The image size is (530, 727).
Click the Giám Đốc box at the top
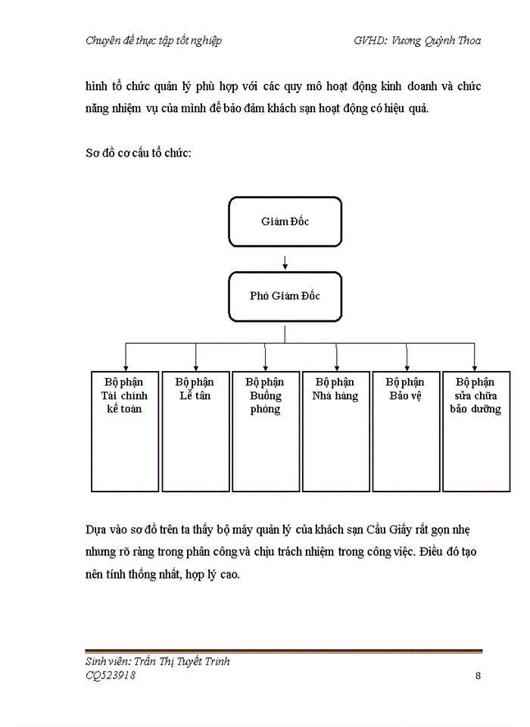point(285,222)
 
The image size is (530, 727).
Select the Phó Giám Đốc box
point(285,296)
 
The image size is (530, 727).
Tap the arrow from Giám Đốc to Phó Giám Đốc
point(285,262)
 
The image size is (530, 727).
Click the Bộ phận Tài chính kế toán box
point(125,432)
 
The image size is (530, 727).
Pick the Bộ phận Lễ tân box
point(195,432)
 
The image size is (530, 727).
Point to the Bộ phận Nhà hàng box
point(335,432)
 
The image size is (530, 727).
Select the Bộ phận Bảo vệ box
point(405,432)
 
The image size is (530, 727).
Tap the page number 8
point(478,676)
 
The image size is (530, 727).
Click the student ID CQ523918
point(111,676)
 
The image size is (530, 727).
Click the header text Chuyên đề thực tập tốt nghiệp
point(154,41)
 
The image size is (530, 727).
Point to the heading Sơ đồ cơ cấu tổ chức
point(138,153)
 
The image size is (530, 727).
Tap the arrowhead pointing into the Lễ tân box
point(196,367)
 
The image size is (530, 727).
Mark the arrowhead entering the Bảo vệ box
point(407,367)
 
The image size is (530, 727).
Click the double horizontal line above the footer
point(284,651)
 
